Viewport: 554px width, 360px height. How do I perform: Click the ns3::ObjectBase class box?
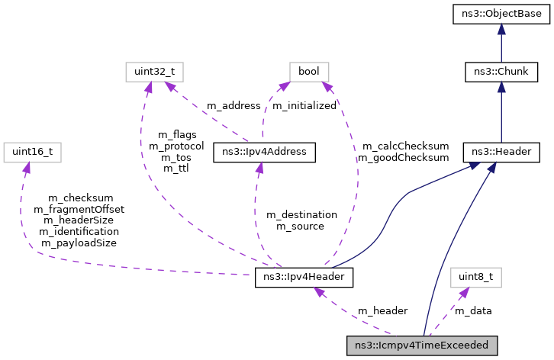click(x=501, y=13)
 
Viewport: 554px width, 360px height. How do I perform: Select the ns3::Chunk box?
click(x=501, y=72)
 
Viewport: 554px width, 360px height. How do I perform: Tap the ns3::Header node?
click(x=501, y=152)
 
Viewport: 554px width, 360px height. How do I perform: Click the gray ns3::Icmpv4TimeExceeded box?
click(x=422, y=345)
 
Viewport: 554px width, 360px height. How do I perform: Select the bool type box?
click(x=309, y=72)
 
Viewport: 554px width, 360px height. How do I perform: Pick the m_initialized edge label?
click(x=304, y=106)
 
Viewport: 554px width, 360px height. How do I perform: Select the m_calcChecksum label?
click(x=405, y=146)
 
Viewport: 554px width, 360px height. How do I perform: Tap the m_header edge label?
click(x=382, y=310)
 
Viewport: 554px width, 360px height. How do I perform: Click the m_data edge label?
click(x=473, y=310)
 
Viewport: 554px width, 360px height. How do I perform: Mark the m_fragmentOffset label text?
click(x=79, y=209)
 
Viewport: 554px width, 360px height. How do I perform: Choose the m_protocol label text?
click(x=176, y=146)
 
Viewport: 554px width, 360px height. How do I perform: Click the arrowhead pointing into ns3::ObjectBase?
click(x=501, y=28)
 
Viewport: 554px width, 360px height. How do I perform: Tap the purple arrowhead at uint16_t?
click(x=27, y=166)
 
